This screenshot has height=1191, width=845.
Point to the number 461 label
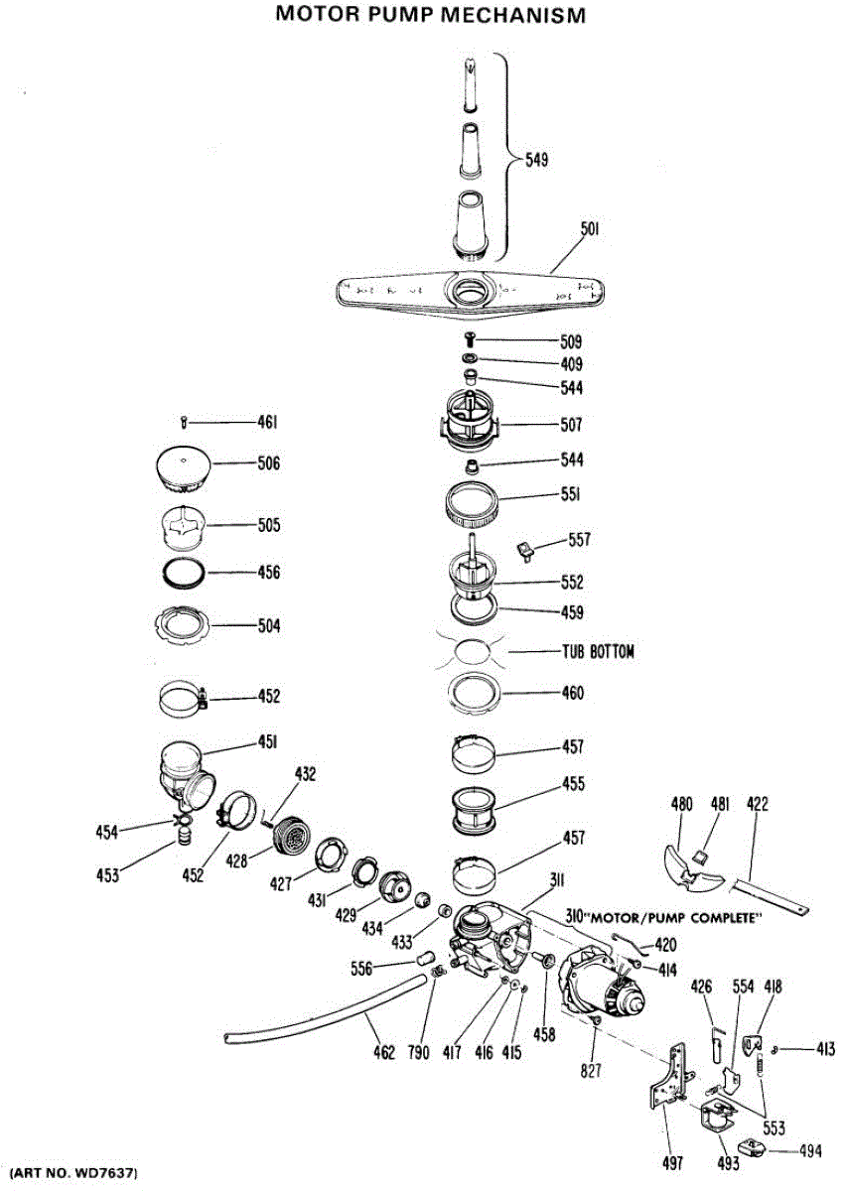(265, 423)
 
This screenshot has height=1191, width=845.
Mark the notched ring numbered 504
(185, 626)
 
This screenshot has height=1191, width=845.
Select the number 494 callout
(810, 1151)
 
